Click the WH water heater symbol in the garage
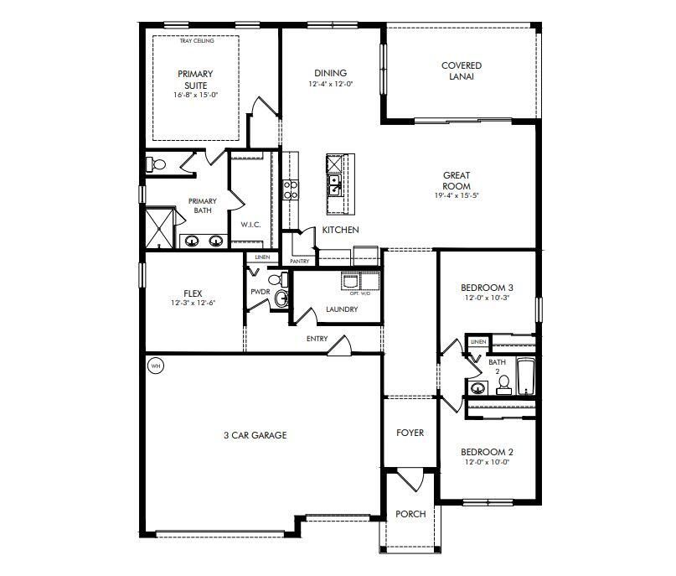point(155,366)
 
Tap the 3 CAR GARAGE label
point(255,435)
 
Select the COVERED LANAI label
point(462,71)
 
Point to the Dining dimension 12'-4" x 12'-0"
point(330,84)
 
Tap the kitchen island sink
point(334,183)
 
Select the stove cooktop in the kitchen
point(292,189)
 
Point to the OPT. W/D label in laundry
point(359,293)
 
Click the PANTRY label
point(299,261)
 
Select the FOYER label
point(410,433)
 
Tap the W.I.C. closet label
point(251,225)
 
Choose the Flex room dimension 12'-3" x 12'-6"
point(194,303)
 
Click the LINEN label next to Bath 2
point(477,342)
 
